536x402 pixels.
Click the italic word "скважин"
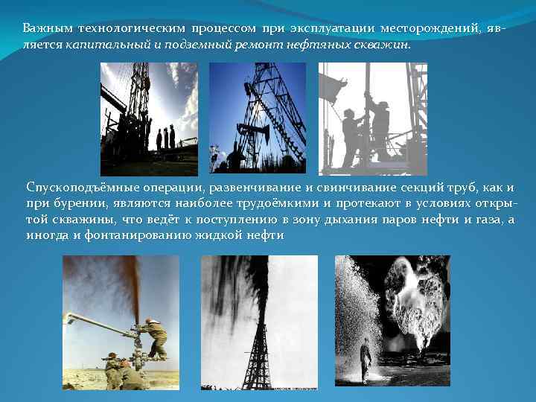click(x=388, y=44)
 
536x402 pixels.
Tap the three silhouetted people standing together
click(x=165, y=138)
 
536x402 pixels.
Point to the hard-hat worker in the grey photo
click(x=380, y=127)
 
